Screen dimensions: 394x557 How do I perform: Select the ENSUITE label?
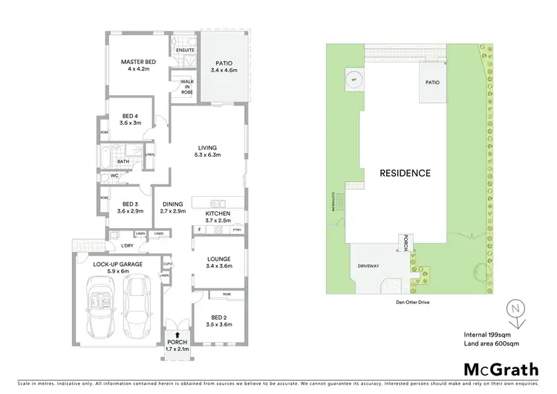tap(185, 50)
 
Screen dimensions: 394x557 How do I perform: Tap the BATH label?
tap(123, 161)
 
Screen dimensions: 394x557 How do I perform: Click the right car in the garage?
tap(137, 306)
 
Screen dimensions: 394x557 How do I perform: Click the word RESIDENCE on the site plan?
tap(405, 173)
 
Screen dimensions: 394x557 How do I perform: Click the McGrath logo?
tap(495, 369)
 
